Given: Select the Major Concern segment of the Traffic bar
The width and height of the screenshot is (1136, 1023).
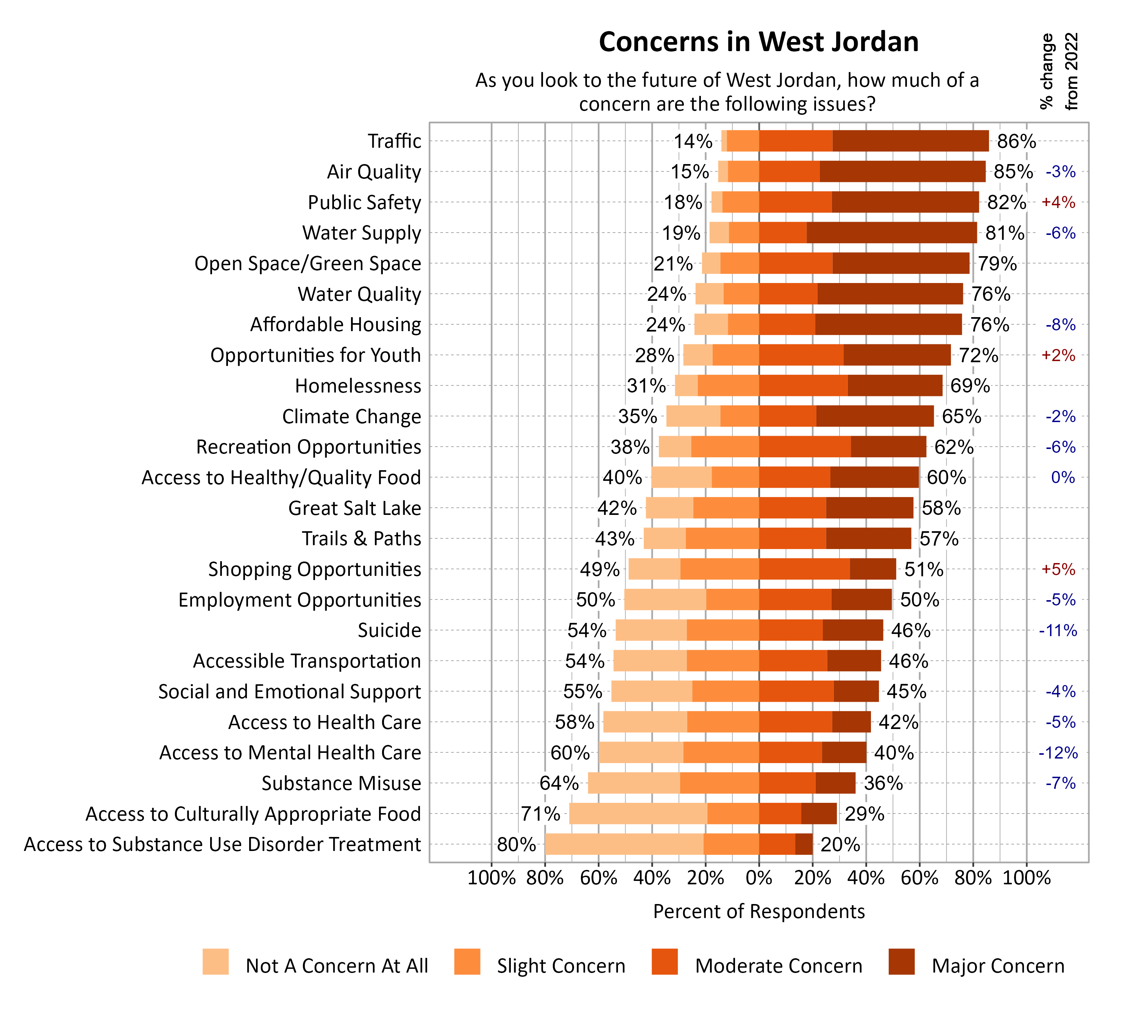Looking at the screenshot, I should tap(910, 141).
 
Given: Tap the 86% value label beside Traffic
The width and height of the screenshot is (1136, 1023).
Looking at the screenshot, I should tap(1016, 141).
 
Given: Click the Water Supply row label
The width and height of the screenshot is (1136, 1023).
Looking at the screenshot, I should tap(361, 233).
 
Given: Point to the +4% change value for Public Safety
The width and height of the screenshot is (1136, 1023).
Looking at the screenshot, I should tap(1058, 202).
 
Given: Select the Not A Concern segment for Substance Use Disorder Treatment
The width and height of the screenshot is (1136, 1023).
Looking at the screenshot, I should tap(624, 844).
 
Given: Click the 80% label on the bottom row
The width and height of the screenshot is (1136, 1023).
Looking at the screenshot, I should tap(516, 844).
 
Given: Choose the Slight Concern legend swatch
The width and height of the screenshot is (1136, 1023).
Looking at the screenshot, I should tap(467, 962).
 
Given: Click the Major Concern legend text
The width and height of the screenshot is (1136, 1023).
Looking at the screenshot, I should tap(998, 966).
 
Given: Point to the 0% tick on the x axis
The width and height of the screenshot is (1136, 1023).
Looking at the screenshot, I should tap(758, 878).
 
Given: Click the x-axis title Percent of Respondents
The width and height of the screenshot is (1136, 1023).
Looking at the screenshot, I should tap(758, 912).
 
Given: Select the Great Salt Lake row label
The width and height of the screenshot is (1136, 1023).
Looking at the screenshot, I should tap(354, 508).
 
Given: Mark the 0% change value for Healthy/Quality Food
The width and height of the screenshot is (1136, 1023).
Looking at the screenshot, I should tap(1063, 478).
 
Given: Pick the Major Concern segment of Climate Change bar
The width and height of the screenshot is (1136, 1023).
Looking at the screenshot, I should tap(874, 416).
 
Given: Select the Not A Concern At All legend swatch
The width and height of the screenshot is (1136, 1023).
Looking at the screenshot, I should tap(215, 962).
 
